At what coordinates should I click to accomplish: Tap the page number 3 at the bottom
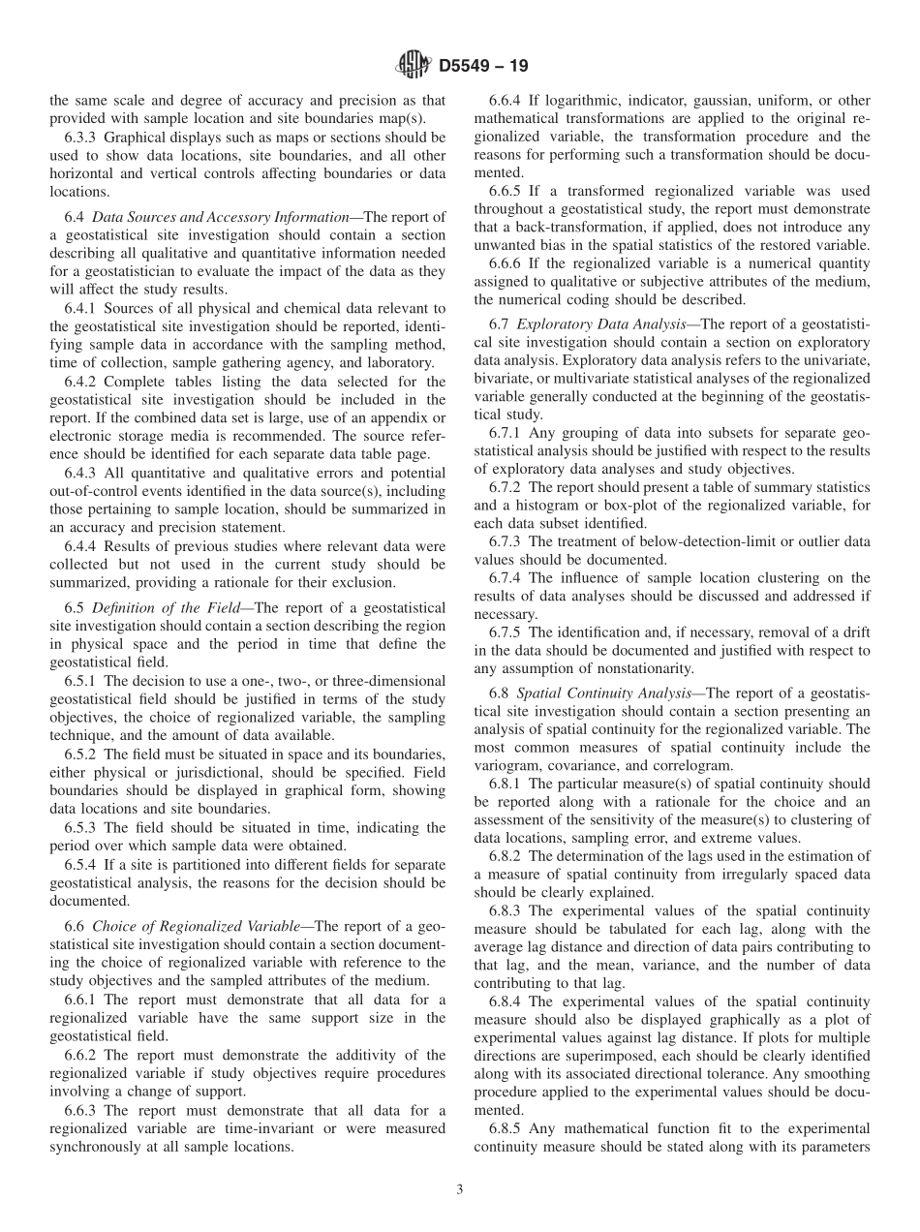[x=460, y=1190]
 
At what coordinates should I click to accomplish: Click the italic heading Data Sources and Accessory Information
[x=219, y=217]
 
